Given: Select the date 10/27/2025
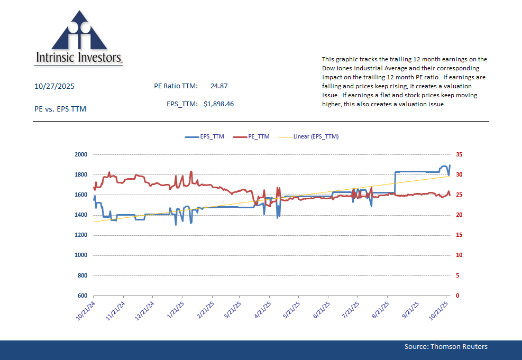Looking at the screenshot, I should pos(52,86).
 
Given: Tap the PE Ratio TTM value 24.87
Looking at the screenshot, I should pos(219,86).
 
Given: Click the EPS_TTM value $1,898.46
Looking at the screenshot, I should pos(218,104).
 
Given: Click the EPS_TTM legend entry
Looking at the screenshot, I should pos(205,136).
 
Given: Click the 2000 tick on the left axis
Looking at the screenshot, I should pos(80,154).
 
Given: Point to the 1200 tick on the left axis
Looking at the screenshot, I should pos(80,235).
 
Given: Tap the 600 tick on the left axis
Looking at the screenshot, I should pos(82,296).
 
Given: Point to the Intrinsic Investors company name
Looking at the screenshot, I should pos(79,58).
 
